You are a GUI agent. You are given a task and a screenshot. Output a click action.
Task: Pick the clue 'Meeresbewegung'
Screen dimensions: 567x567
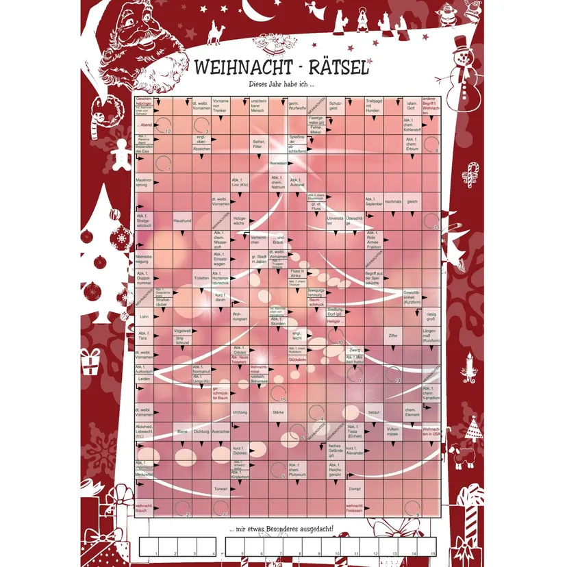[x=143, y=259]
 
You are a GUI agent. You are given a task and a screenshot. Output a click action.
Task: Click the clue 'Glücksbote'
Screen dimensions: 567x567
[x=297, y=358]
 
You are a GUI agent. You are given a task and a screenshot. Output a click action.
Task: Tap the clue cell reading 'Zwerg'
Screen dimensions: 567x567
[x=354, y=350]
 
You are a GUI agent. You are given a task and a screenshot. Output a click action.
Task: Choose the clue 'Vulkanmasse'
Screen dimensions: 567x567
[x=392, y=432]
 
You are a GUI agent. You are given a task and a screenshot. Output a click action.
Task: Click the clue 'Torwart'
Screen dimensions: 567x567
[x=220, y=489]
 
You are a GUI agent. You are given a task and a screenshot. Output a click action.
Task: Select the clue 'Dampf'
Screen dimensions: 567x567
[x=354, y=489]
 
